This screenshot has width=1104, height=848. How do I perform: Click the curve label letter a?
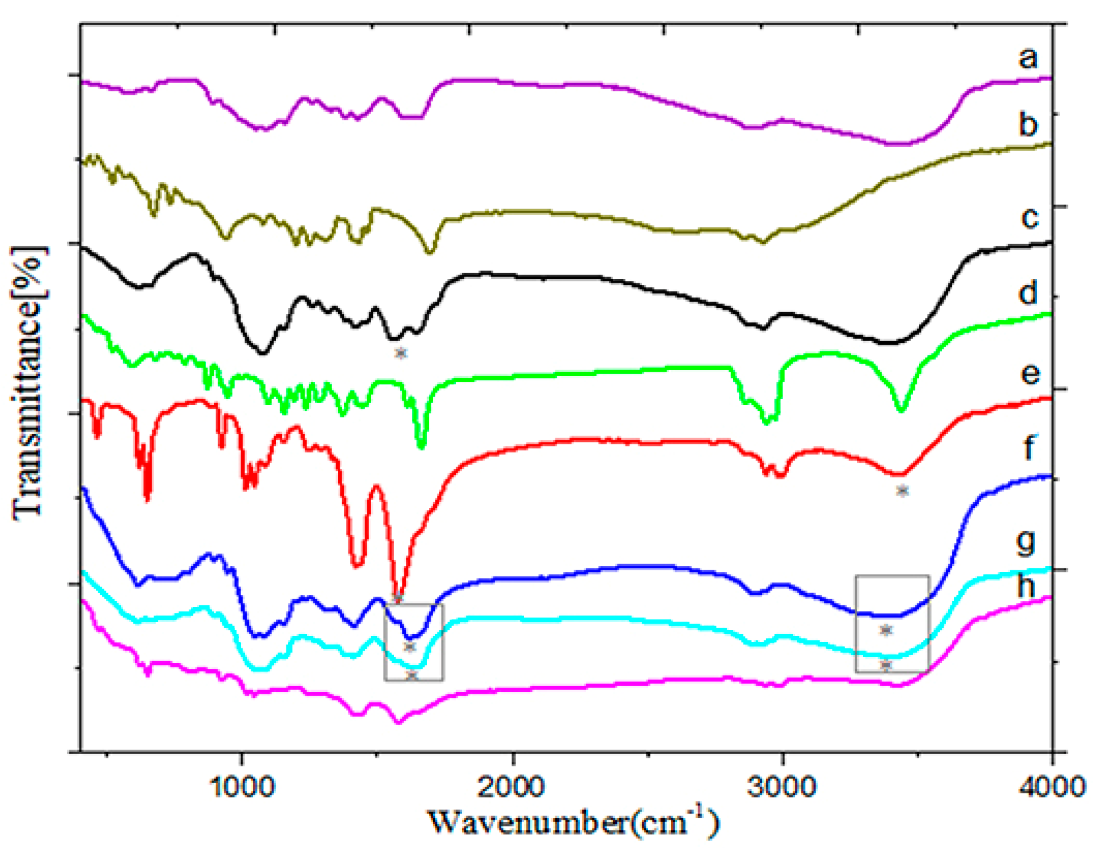point(1028,58)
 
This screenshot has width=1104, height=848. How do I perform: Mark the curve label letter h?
point(1025,586)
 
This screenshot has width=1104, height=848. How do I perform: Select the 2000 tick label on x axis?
point(511,787)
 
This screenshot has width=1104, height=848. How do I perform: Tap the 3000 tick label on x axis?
point(781,787)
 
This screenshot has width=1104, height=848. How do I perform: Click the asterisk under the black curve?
point(401,353)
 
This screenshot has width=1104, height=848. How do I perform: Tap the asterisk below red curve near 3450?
point(901,490)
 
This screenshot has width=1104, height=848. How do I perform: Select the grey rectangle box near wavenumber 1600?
point(413,642)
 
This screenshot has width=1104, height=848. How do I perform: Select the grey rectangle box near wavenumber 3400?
point(891,624)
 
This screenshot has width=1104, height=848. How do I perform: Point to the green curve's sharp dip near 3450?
point(901,410)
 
